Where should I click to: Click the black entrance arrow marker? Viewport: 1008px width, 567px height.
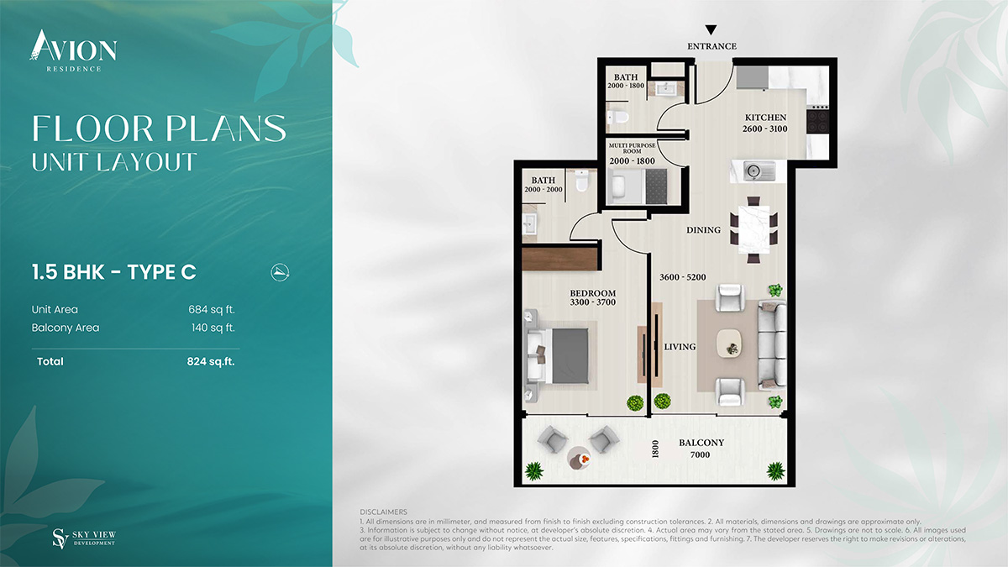pyautogui.click(x=711, y=30)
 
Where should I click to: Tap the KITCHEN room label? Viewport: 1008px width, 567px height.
pyautogui.click(x=765, y=118)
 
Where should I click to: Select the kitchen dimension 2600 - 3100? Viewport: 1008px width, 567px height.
pyautogui.click(x=765, y=129)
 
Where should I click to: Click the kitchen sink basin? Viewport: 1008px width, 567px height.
pyautogui.click(x=753, y=171)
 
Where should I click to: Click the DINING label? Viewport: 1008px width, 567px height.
pyautogui.click(x=703, y=230)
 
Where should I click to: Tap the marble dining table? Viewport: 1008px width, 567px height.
pyautogui.click(x=754, y=230)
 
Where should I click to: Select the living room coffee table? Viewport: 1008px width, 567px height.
pyautogui.click(x=729, y=344)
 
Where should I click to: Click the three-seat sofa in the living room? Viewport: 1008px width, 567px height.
pyautogui.click(x=772, y=345)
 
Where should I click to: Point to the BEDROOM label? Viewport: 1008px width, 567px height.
pyautogui.click(x=593, y=293)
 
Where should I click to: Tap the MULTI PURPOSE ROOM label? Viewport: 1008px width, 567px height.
pyautogui.click(x=633, y=148)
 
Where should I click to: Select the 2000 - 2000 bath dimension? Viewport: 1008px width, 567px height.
pyautogui.click(x=543, y=190)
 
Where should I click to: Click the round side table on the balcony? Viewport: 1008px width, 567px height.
pyautogui.click(x=580, y=458)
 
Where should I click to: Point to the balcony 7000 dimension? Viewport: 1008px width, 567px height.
pyautogui.click(x=701, y=455)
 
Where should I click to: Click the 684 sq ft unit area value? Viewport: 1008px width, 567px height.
pyautogui.click(x=212, y=310)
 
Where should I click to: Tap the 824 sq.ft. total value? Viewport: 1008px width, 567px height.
pyautogui.click(x=211, y=361)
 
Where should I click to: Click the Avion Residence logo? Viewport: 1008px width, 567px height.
pyautogui.click(x=73, y=51)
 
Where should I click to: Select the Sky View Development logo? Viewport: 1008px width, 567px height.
pyautogui.click(x=84, y=538)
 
